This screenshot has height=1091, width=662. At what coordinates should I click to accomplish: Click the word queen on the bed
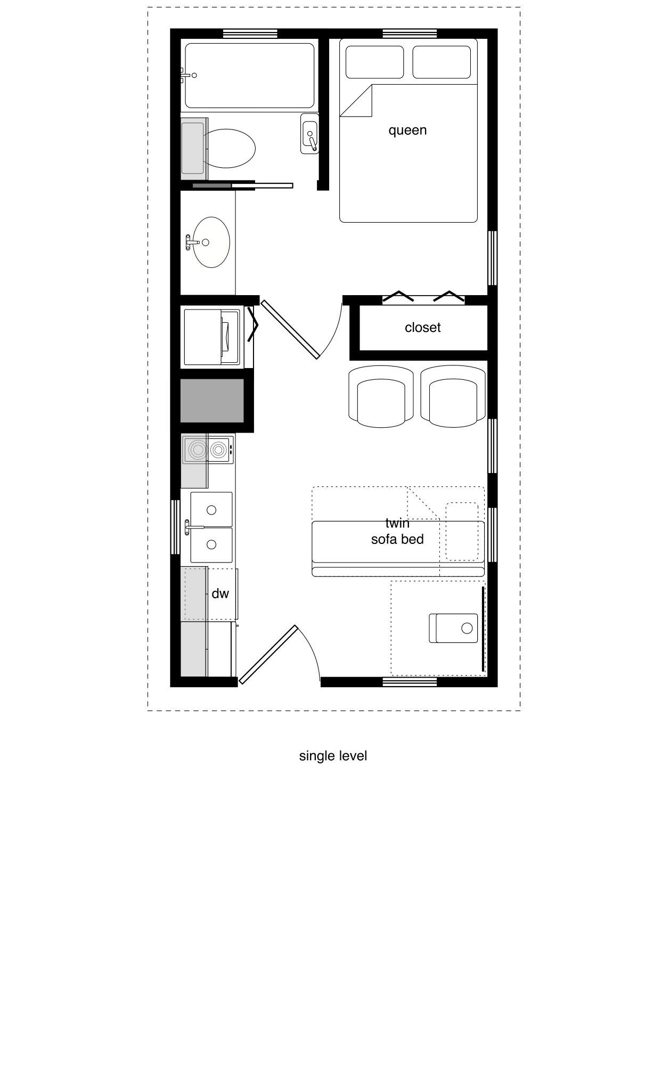tap(407, 131)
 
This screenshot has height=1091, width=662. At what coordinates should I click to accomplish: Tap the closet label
tap(423, 327)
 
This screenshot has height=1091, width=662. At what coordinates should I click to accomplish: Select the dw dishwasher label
tap(220, 593)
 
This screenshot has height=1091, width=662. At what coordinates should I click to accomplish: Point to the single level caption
tap(333, 756)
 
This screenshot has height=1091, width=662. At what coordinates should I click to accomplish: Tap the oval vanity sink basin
tap(211, 242)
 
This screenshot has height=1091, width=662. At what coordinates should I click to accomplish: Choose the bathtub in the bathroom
tap(250, 76)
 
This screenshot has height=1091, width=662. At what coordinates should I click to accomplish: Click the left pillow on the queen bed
tap(374, 62)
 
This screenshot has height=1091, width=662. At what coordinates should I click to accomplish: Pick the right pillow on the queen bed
tap(442, 62)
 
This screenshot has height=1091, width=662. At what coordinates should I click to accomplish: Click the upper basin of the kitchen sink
tap(211, 510)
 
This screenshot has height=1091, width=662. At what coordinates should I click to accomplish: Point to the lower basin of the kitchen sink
tap(211, 545)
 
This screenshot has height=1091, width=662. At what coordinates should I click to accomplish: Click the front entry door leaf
tap(267, 654)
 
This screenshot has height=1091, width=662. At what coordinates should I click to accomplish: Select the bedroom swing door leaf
tap(290, 329)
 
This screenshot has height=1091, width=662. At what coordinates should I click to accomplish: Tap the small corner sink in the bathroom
tap(310, 134)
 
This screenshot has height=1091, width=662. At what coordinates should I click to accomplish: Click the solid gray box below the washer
tap(212, 401)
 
